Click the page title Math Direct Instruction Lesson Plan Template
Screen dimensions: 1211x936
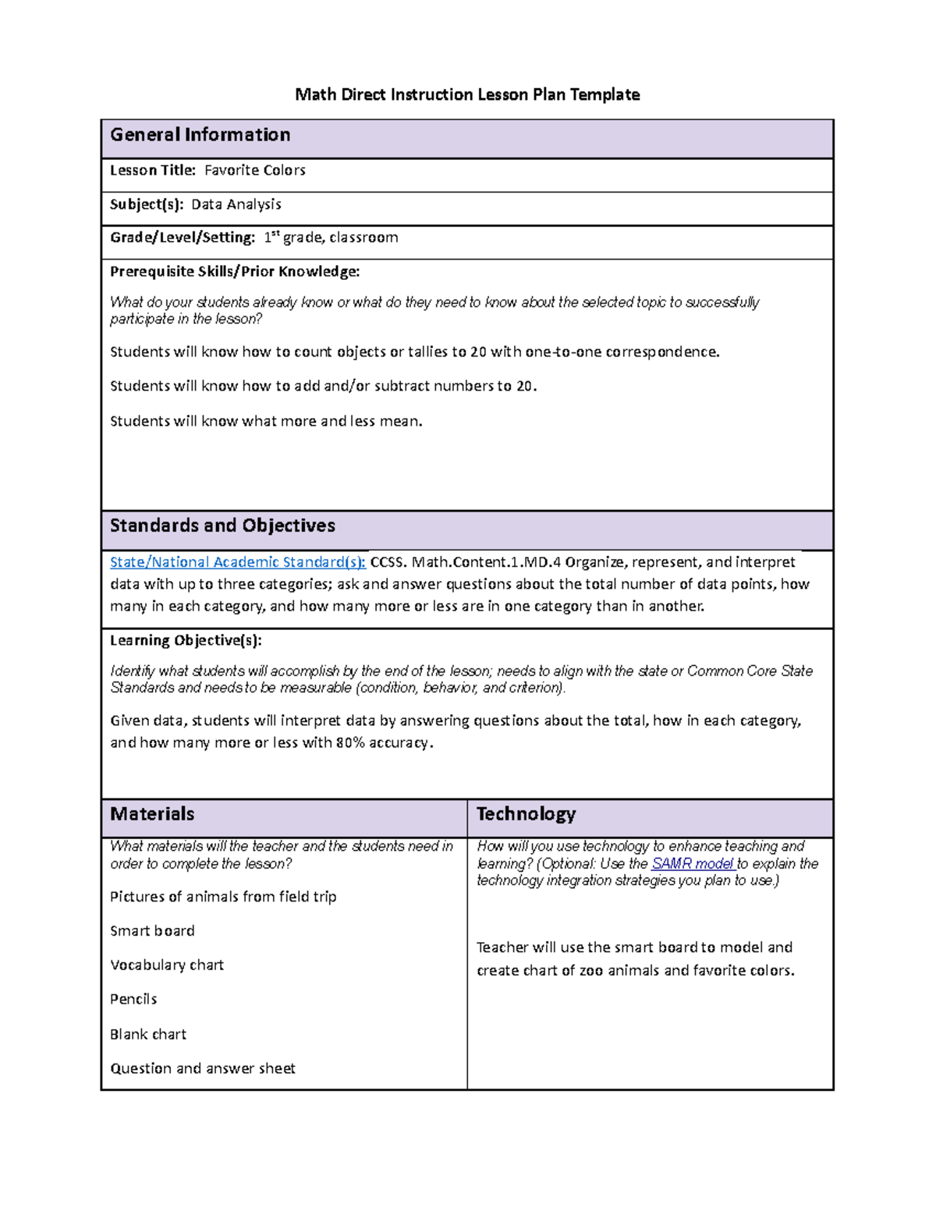click(467, 95)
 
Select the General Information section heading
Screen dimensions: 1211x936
click(200, 135)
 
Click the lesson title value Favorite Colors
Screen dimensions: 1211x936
click(254, 170)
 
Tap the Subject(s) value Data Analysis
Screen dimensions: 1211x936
click(236, 204)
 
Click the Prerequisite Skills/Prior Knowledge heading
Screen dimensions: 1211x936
click(235, 271)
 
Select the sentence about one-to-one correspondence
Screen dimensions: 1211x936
click(414, 352)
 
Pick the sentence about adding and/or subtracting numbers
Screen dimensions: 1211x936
click(323, 386)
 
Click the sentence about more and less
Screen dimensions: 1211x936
click(266, 421)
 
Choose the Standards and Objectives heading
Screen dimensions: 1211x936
click(222, 526)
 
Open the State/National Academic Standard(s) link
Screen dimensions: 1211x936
click(237, 562)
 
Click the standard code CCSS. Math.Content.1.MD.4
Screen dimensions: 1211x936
click(465, 562)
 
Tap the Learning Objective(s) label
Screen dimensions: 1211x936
click(186, 640)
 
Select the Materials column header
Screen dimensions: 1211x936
click(152, 814)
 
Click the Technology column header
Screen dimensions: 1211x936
click(526, 814)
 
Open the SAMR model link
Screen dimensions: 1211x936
click(692, 864)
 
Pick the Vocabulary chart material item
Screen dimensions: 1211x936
click(167, 965)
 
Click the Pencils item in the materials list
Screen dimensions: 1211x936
click(133, 1000)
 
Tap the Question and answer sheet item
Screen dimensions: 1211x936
click(203, 1068)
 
